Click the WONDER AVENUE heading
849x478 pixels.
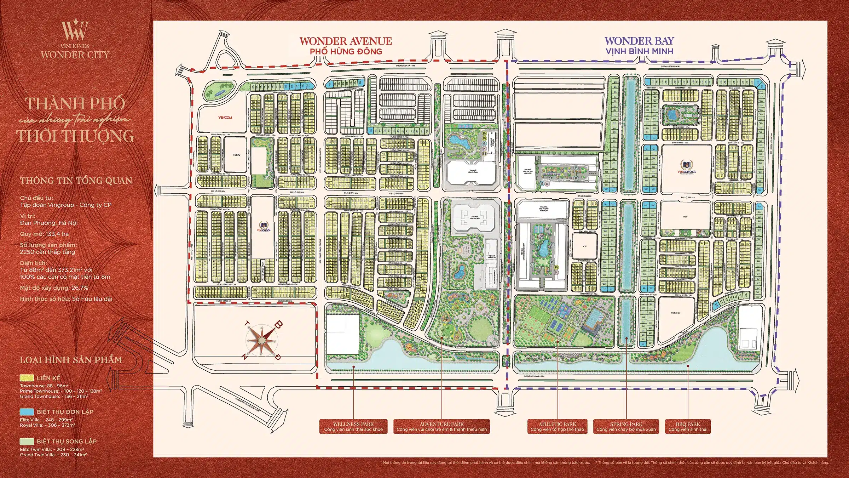coord(346,41)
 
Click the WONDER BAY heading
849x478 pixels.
coord(639,41)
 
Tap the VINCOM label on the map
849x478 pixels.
coord(225,118)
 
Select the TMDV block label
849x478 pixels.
coord(236,155)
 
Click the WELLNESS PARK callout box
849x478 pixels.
coord(353,426)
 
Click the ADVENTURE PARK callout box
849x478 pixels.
coord(441,426)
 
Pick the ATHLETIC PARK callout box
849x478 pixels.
coord(557,426)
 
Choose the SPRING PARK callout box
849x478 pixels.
coord(626,426)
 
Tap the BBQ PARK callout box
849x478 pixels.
coord(688,426)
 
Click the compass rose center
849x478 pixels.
coord(261,341)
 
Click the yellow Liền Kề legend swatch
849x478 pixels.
coord(27,378)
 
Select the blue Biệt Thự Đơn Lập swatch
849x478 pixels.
coord(27,412)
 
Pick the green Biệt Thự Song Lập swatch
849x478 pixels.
coord(27,442)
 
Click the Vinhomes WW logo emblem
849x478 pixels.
coord(75,30)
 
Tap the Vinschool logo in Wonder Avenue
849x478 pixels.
coord(264,227)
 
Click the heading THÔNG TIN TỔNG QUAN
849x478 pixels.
coord(76,181)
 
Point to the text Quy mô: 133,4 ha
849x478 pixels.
coord(44,234)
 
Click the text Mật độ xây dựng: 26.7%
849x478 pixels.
coord(54,288)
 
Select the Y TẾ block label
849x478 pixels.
coord(584,246)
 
